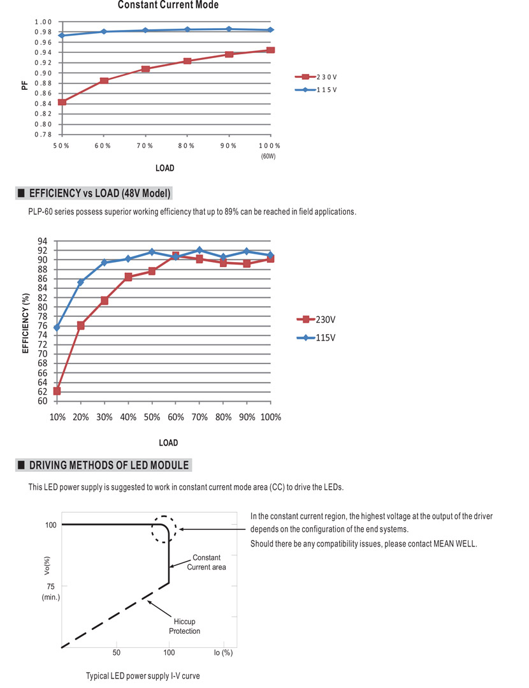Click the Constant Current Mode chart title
click(x=168, y=5)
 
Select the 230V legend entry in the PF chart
click(x=316, y=77)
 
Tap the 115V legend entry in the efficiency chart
click(x=316, y=337)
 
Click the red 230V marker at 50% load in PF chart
click(x=62, y=102)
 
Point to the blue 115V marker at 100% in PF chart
click(x=271, y=30)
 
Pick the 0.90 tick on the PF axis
click(x=43, y=73)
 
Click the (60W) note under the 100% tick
click(x=268, y=156)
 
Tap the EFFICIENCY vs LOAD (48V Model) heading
click(x=99, y=193)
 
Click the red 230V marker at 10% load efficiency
click(x=57, y=390)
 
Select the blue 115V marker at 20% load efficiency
click(x=81, y=282)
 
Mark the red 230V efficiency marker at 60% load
click(x=175, y=256)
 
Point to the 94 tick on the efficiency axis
click(x=42, y=241)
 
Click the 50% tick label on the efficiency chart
click(x=152, y=417)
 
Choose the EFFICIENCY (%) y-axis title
click(x=25, y=323)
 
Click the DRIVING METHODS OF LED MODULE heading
click(x=109, y=465)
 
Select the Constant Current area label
click(x=207, y=562)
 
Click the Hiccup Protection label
click(x=184, y=626)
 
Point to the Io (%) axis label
click(x=223, y=653)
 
